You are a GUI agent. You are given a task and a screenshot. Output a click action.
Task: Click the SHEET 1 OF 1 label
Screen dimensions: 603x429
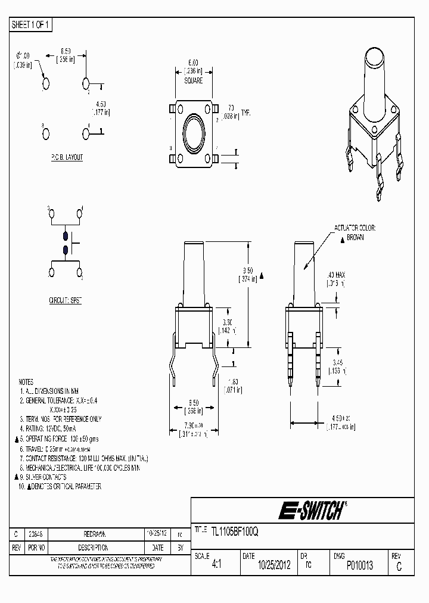[x=32, y=25]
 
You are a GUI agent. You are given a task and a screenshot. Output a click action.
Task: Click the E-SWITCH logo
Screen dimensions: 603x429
[x=310, y=510]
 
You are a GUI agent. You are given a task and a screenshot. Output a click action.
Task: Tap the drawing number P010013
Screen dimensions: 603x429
[x=359, y=565]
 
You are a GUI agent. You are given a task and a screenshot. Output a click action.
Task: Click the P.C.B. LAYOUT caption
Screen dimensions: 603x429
[x=67, y=157]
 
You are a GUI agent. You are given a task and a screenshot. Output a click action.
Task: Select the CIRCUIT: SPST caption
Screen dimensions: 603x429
[x=65, y=301]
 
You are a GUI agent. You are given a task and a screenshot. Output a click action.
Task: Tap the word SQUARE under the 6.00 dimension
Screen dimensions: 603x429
[x=193, y=80]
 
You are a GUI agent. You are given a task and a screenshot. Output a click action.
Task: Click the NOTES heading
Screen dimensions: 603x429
[x=26, y=381]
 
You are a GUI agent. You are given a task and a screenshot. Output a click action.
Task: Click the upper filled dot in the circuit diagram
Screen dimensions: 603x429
[x=65, y=236]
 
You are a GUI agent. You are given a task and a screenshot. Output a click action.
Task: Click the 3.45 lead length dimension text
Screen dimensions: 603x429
[x=337, y=362]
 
